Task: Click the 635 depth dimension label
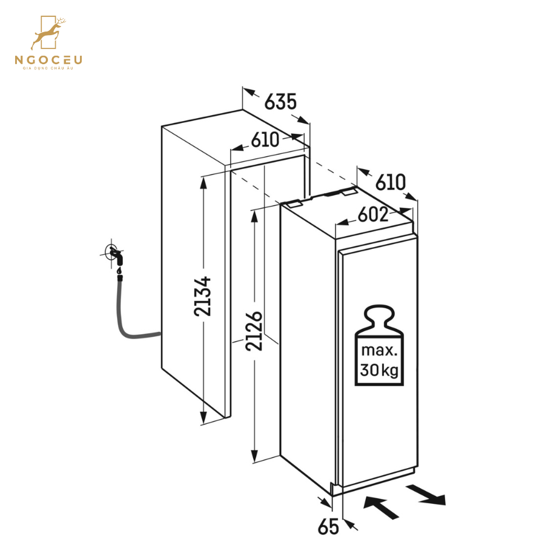point(280,102)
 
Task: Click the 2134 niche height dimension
point(203,296)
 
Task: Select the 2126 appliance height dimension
point(254,331)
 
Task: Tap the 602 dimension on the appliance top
point(373,214)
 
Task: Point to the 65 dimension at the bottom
point(328,526)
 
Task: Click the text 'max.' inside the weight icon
point(379,350)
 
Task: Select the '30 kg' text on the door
point(379,370)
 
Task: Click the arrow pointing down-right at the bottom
point(426,495)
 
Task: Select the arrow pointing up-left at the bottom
point(381,508)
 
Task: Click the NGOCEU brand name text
point(48,60)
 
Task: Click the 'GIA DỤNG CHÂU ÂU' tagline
point(48,68)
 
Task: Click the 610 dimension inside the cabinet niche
point(265,140)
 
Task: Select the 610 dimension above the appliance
point(391,182)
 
